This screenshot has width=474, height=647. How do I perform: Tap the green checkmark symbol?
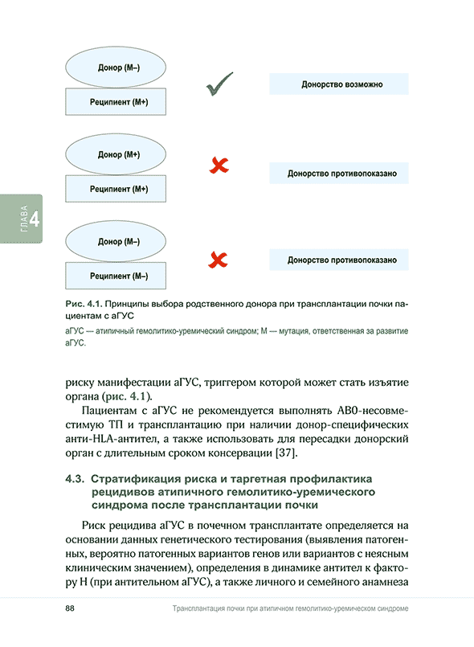click(219, 84)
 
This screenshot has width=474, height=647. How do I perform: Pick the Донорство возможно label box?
click(341, 84)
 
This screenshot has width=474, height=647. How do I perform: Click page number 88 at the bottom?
click(70, 608)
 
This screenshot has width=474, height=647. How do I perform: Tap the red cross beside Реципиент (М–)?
click(218, 259)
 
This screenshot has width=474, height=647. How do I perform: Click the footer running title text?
click(290, 609)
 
